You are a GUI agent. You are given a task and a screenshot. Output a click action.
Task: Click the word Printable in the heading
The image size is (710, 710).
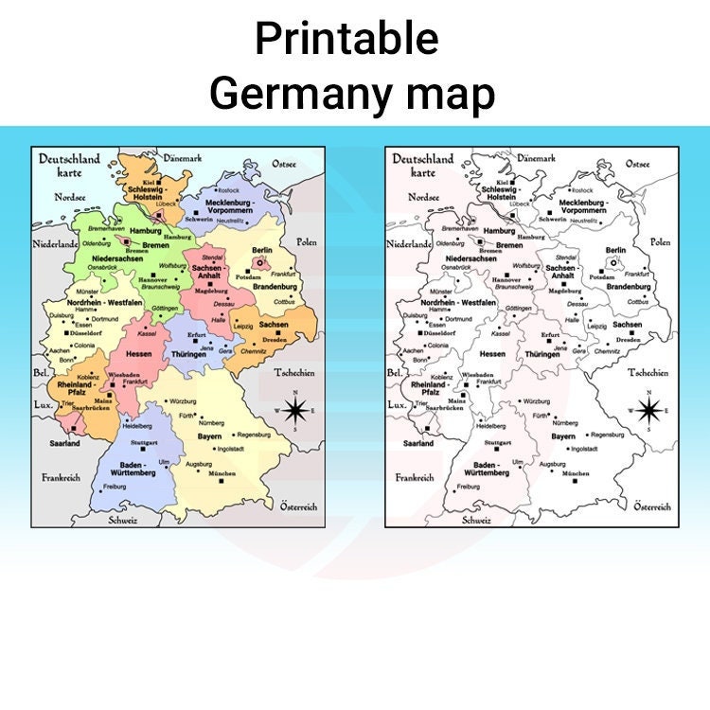[346, 40]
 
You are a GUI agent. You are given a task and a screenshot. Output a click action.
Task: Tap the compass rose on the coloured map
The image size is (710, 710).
[295, 410]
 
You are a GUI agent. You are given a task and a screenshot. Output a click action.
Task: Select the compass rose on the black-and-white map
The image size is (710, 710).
[649, 410]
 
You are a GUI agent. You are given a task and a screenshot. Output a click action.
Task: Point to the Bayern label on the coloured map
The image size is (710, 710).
[210, 436]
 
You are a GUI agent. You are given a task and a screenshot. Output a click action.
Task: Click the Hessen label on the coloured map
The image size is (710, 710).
[138, 353]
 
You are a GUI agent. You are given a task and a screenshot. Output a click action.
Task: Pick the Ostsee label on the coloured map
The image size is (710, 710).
[284, 164]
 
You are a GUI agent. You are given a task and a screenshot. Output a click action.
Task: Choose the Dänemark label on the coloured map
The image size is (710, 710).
[183, 158]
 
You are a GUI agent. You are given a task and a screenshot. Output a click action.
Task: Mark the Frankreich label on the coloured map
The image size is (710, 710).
[61, 477]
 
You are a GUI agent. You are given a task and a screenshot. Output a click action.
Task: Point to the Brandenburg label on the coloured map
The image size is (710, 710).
[275, 285]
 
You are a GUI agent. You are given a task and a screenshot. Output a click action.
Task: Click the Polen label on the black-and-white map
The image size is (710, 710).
[659, 242]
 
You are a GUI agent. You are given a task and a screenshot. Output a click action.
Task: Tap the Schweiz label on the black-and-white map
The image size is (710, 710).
[476, 520]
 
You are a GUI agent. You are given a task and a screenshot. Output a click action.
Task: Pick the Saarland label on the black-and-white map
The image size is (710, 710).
[417, 443]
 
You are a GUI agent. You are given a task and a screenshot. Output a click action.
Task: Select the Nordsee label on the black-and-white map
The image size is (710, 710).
[423, 197]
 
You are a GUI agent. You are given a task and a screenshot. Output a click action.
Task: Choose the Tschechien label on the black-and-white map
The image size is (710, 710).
[648, 372]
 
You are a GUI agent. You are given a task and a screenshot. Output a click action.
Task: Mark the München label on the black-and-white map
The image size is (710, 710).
[576, 473]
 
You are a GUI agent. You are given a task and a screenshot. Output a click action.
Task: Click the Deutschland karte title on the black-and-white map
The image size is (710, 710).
[423, 166]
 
